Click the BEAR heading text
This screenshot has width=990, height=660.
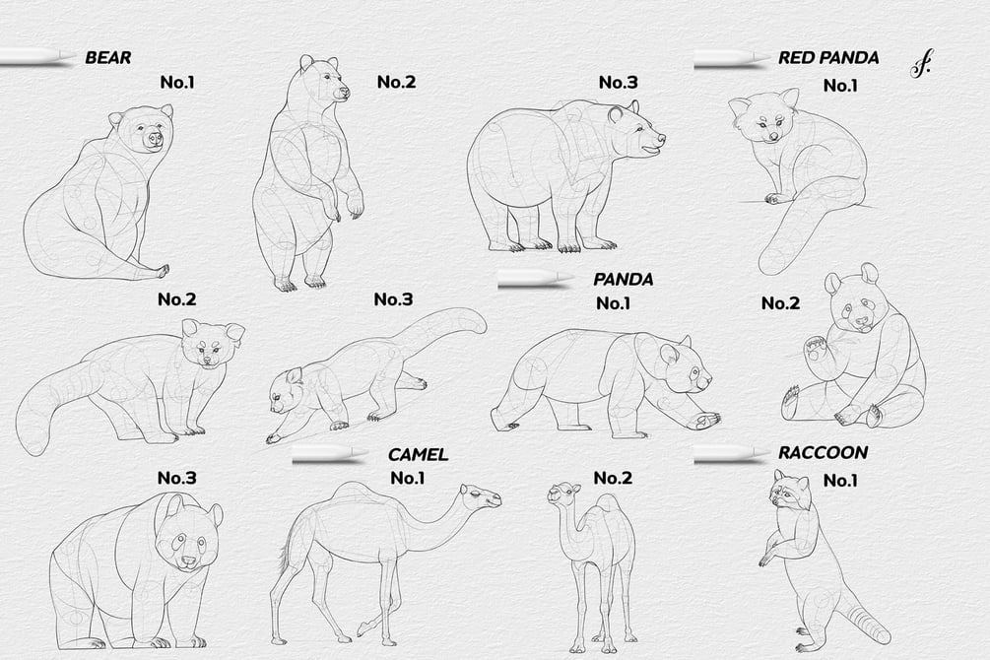tap(108, 57)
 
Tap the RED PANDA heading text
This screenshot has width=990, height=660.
tap(828, 58)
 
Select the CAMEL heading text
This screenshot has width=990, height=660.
tap(418, 455)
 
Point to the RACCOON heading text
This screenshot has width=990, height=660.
tap(823, 452)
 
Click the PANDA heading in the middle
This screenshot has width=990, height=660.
tap(624, 279)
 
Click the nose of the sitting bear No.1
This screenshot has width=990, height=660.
tap(154, 138)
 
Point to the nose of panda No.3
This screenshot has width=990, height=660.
tap(189, 560)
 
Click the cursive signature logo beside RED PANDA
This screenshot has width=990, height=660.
tap(920, 64)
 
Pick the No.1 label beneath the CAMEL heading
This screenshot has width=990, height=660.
tap(407, 478)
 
